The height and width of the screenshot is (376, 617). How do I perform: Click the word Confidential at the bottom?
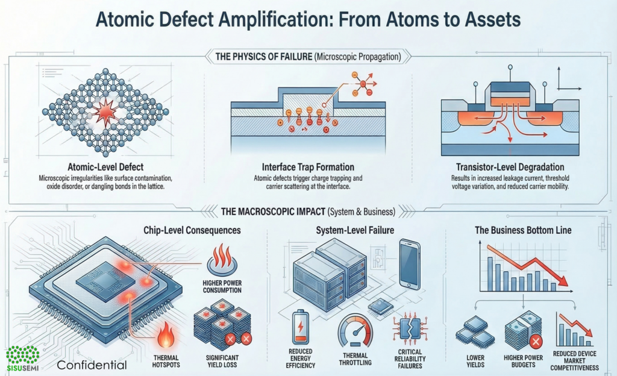92,365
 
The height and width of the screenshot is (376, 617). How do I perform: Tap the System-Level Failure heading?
354,230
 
